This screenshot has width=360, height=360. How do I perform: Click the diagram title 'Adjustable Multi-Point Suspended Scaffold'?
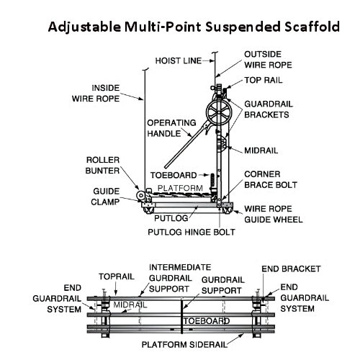point(194,27)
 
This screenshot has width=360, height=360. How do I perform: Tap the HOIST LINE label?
point(179,60)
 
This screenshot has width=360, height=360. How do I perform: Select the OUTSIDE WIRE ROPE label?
point(268,60)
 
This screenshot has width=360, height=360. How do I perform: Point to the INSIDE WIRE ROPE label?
point(96,94)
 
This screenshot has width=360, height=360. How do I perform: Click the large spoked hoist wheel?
point(219,112)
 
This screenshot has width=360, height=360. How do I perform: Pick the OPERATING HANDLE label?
point(171,128)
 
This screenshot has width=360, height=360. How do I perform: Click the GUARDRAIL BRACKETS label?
point(269,109)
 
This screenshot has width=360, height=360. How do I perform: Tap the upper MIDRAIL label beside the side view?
point(261,150)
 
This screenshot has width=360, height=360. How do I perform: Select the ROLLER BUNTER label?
point(102,166)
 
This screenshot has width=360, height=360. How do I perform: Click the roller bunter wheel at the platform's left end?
point(140,196)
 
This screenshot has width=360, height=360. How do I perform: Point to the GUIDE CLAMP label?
point(105,197)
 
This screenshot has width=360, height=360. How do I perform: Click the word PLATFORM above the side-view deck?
point(180,188)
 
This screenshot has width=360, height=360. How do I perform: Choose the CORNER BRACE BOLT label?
point(271,179)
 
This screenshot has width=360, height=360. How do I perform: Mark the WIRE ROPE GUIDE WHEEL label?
point(274,214)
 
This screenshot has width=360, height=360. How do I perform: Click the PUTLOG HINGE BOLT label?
point(192,233)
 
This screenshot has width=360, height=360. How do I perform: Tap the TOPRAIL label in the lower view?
point(117,276)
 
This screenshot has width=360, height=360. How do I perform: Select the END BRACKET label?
point(291,269)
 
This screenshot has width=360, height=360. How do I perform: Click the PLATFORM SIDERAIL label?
point(184,345)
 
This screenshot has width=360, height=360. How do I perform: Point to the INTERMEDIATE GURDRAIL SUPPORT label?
point(180,278)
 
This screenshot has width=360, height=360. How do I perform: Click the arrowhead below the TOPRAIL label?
point(116,293)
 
